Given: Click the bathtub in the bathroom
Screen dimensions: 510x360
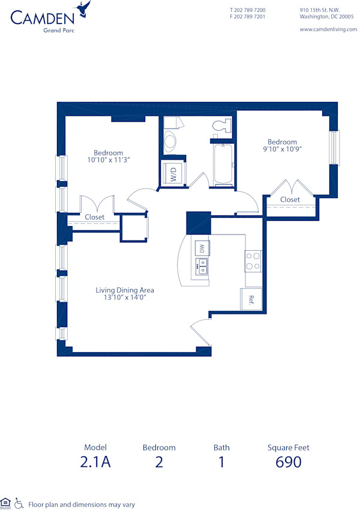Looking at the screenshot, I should [x=223, y=163].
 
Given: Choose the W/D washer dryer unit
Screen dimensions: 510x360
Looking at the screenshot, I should [x=173, y=174].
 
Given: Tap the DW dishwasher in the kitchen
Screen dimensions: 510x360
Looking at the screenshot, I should [x=202, y=248].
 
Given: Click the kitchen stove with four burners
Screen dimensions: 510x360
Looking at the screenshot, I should [x=253, y=260].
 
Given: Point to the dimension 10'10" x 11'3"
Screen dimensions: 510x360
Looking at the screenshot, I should [x=109, y=160].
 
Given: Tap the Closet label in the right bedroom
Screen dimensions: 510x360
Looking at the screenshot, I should [x=290, y=199].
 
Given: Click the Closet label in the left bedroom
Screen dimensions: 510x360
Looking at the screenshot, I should [x=94, y=217].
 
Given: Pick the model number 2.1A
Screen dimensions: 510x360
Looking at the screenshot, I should [x=96, y=462].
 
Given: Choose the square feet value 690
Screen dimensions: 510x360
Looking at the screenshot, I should [x=288, y=462].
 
